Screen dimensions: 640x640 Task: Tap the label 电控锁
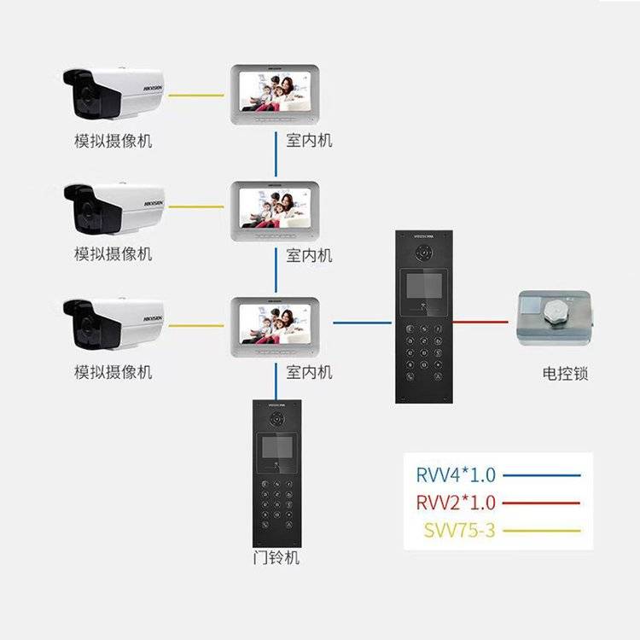click(x=565, y=373)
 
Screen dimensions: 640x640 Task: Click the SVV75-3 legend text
click(x=459, y=530)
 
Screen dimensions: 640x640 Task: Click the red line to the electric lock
click(x=483, y=323)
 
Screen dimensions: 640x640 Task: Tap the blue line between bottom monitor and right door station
click(x=363, y=323)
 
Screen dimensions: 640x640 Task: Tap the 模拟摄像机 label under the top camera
click(x=113, y=141)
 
